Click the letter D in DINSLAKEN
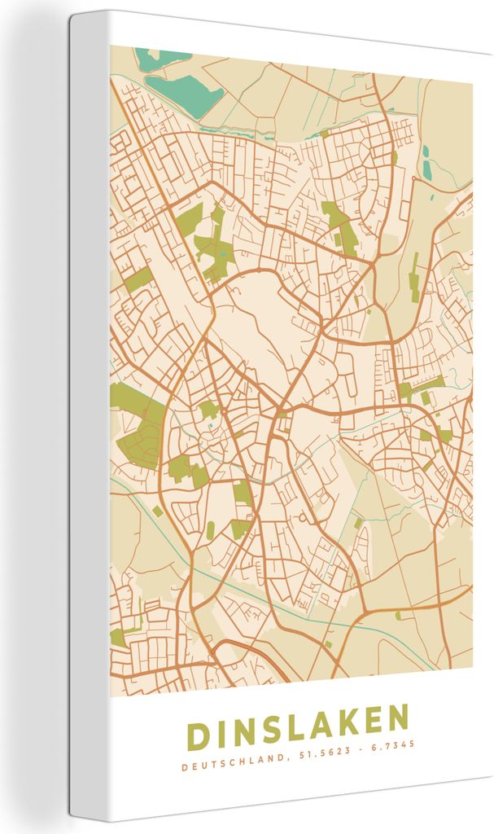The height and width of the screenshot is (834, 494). point(199,735)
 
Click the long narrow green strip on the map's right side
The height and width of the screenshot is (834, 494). point(413,273)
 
